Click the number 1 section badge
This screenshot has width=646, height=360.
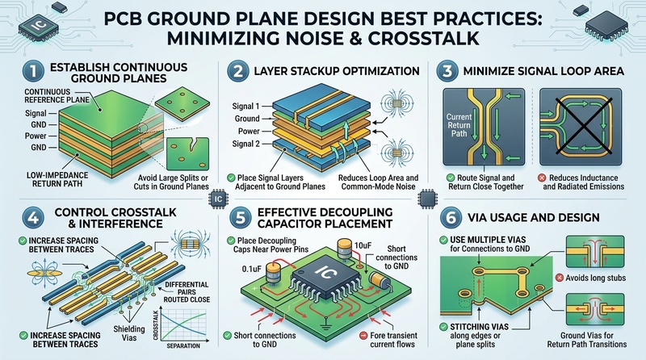pyautogui.click(x=33, y=71)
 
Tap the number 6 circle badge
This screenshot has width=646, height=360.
pyautogui.click(x=451, y=217)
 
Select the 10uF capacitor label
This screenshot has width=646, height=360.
pyautogui.click(x=363, y=245)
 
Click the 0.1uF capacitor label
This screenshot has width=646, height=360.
pyautogui.click(x=251, y=269)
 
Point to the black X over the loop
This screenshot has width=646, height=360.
pyautogui.click(x=581, y=126)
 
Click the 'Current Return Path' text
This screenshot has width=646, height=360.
pyautogui.click(x=459, y=125)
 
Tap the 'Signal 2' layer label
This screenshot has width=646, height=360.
pyautogui.click(x=246, y=144)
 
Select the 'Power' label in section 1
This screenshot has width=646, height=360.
pyautogui.click(x=36, y=136)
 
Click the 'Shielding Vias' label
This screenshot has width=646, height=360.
pyautogui.click(x=129, y=333)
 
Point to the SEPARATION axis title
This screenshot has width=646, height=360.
pyautogui.click(x=183, y=346)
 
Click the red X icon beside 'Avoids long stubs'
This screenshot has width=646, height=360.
pyautogui.click(x=559, y=278)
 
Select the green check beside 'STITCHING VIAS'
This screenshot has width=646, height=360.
pyautogui.click(x=443, y=327)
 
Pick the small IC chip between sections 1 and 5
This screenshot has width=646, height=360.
pyautogui.click(x=218, y=199)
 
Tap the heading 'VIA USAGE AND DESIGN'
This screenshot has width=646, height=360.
pyautogui.click(x=534, y=217)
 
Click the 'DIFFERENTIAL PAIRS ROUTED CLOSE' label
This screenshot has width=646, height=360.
pyautogui.click(x=187, y=292)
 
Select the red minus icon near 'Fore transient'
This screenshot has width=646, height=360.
pyautogui.click(x=363, y=336)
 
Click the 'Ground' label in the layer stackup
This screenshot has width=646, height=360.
pyautogui.click(x=247, y=119)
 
